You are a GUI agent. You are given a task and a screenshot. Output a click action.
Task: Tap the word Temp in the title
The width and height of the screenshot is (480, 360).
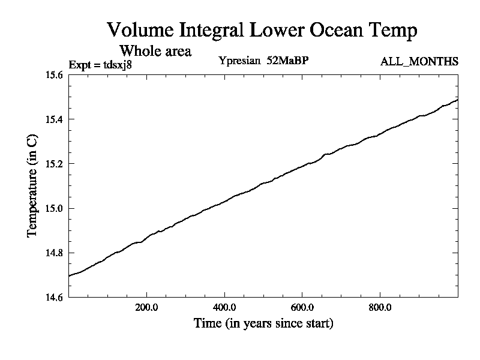[x=393, y=30]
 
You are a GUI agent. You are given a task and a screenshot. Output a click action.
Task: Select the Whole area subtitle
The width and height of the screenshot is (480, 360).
[x=155, y=50]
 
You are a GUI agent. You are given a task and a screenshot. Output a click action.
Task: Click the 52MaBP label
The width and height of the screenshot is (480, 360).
[x=289, y=61]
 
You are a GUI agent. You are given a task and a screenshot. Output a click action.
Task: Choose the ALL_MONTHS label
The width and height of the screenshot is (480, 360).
[x=419, y=61]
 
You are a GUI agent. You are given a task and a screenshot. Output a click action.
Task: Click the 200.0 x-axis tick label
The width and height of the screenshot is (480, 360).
[x=146, y=307]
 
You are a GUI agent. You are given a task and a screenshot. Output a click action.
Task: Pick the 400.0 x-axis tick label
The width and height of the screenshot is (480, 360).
[x=224, y=307]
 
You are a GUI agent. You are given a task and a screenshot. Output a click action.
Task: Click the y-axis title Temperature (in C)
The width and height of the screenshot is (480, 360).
[x=32, y=186]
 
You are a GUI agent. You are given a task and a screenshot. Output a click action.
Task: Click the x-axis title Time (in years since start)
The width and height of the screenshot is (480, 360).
[x=263, y=323]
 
